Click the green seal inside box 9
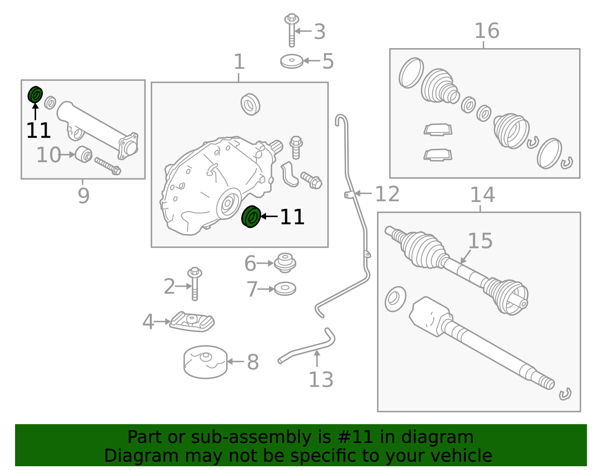(35, 94)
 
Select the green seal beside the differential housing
(251, 217)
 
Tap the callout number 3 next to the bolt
(319, 32)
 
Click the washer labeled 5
(292, 61)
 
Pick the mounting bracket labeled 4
(192, 322)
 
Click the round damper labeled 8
(205, 362)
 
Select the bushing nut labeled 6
(285, 262)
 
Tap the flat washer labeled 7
(285, 289)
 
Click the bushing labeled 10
(84, 154)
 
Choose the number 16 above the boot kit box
(486, 31)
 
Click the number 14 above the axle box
(482, 195)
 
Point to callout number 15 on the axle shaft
(480, 241)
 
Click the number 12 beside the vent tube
(387, 194)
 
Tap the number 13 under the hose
(321, 379)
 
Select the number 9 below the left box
(84, 196)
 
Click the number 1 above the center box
(239, 62)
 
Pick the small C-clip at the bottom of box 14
(565, 394)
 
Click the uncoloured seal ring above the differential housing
(250, 104)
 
